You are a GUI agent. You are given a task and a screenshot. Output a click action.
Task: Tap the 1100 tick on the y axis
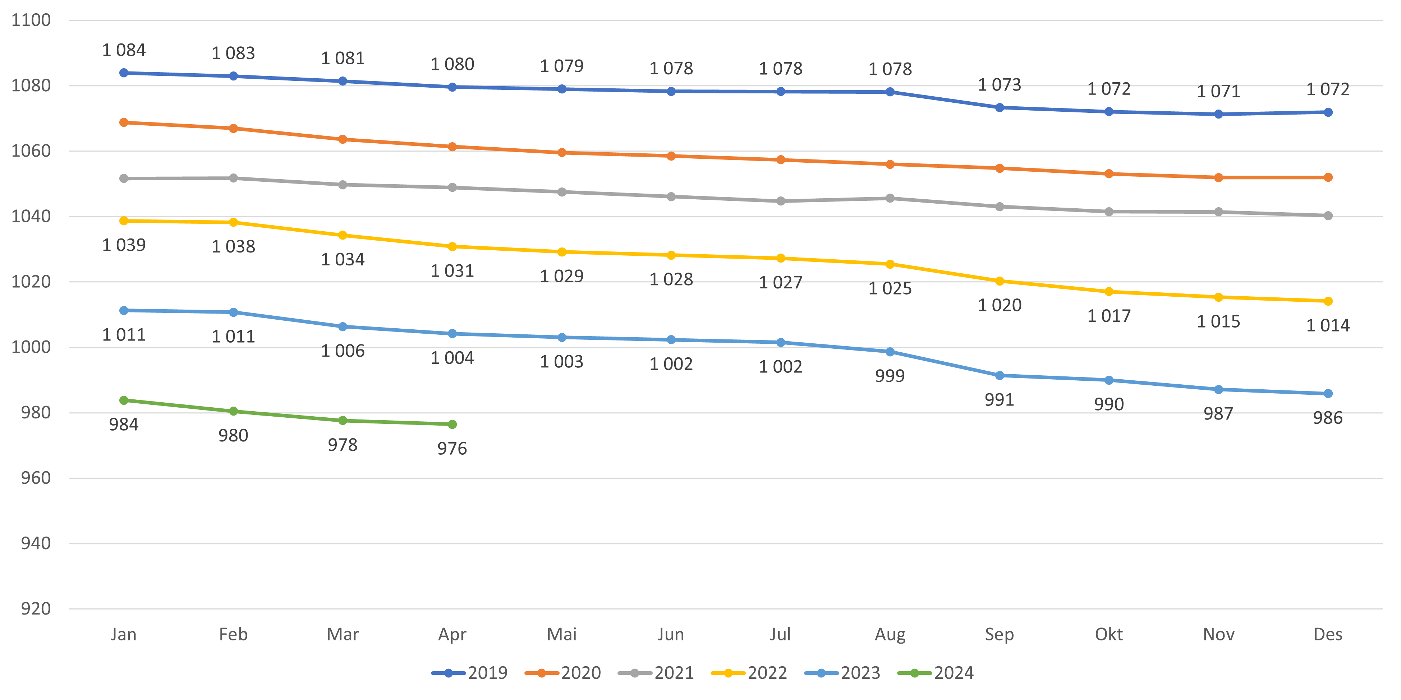[x=31, y=20]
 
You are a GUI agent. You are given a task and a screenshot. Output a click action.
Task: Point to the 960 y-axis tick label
[x=35, y=478]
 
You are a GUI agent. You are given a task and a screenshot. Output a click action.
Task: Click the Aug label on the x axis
[x=890, y=634]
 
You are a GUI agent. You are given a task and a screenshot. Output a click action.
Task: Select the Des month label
[x=1328, y=634]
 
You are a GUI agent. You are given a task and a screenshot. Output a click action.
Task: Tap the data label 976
[x=452, y=448]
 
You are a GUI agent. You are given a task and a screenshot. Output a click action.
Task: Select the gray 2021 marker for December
[x=1328, y=216]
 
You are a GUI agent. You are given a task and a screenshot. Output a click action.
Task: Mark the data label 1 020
[x=999, y=305]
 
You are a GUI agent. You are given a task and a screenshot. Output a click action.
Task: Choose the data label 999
[x=890, y=376]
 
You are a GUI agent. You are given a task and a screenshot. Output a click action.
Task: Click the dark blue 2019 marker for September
[x=999, y=108]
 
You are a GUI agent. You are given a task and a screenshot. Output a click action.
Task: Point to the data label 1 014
[x=1328, y=325]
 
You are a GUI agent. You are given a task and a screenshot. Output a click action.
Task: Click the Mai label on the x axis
[x=561, y=634]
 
